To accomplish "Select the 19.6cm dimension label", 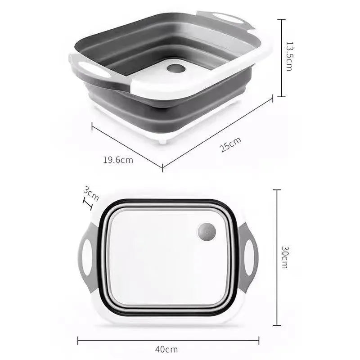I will click(x=118, y=159).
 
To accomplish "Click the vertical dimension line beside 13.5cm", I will click(x=281, y=58).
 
